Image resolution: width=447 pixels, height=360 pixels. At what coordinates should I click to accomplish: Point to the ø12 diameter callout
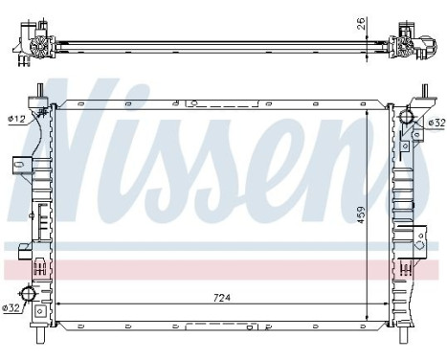[x=15, y=119]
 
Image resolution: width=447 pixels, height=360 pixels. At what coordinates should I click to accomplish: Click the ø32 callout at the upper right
[x=436, y=123]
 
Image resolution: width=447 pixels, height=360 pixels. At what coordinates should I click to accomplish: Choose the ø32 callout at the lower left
[x=12, y=308]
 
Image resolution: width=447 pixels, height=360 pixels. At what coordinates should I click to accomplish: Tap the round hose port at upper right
[x=408, y=119]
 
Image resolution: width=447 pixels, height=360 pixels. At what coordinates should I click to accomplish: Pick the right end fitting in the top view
[x=413, y=46]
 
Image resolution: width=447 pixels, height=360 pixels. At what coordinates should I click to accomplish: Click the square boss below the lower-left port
[x=41, y=311]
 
